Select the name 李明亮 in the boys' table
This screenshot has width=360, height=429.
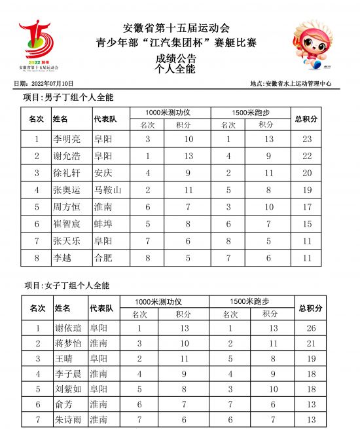67,139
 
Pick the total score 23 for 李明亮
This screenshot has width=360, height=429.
306,139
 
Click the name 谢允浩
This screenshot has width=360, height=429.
67,156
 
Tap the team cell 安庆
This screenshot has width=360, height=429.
103,173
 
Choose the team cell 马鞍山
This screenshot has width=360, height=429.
107,190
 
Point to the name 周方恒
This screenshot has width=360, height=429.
67,207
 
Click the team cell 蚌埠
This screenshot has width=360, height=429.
103,224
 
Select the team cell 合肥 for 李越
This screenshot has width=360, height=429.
103,258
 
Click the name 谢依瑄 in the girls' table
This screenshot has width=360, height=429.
69,328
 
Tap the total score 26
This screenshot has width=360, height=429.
311,328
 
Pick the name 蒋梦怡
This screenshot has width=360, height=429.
69,343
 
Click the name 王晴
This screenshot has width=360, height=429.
65,359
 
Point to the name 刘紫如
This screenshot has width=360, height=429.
69,389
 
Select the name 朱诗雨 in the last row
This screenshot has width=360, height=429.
69,419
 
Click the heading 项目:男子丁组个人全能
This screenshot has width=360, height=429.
69,98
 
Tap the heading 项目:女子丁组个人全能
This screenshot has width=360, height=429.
67,286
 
